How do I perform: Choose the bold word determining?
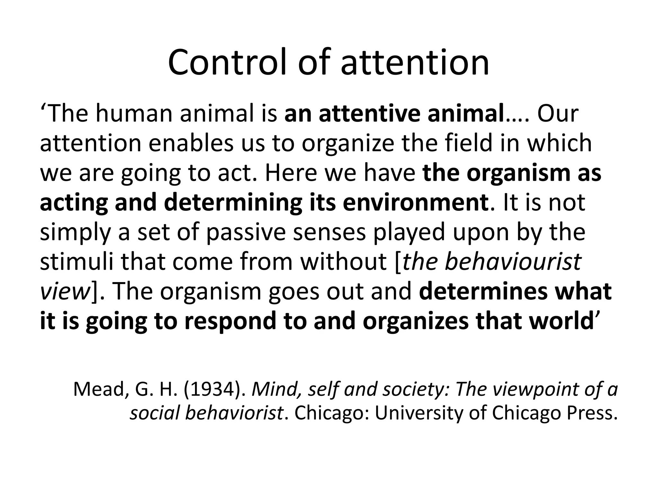coord(233,203)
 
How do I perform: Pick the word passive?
coord(246,232)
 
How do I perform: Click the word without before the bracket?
coord(343,262)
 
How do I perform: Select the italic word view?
coord(64,291)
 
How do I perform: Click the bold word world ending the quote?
coord(559,321)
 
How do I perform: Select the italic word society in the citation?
coord(418,389)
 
